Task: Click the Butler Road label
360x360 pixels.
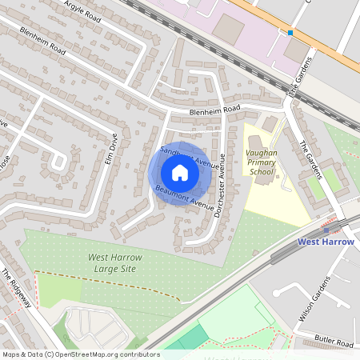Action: (x=334, y=342)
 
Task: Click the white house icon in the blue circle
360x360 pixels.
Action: (x=180, y=173)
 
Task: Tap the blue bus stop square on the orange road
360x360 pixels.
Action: (x=290, y=33)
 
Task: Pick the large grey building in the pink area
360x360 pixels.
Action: (x=230, y=30)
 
